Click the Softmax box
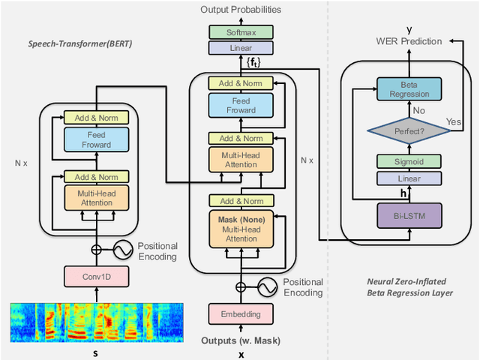coord(241,32)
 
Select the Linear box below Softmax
coord(241,47)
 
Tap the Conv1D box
coord(97,278)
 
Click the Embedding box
coord(241,313)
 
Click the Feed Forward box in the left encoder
coord(97,139)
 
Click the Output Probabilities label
coord(241,10)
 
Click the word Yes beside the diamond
coord(454,119)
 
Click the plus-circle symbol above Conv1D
coord(97,250)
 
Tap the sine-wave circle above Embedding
coord(266,286)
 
